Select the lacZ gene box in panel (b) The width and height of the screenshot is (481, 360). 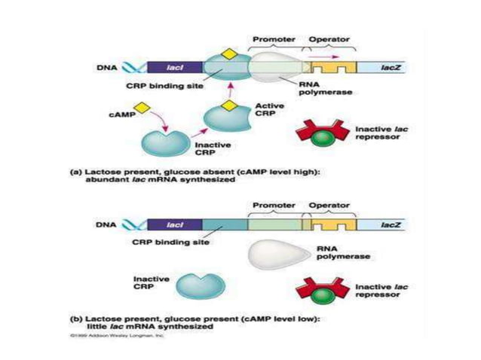(385, 224)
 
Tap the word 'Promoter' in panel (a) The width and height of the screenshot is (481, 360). (273, 38)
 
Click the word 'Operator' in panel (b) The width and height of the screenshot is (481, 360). (326, 206)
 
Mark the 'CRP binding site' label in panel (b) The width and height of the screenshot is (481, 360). (172, 243)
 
